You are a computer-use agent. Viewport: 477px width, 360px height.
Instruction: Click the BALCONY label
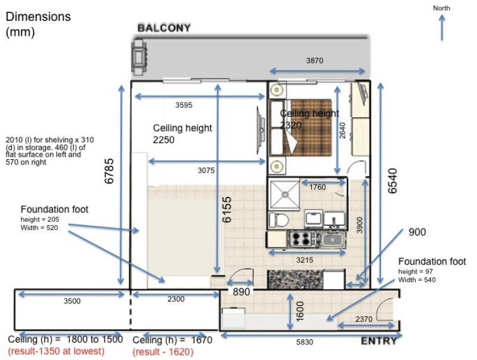pos(164,28)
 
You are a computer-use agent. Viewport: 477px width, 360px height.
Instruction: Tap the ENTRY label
pos(379,341)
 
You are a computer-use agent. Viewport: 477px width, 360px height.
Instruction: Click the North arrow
pos(442,27)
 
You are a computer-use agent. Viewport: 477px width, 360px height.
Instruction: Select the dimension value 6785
pos(109,171)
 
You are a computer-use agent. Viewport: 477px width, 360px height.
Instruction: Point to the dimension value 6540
pos(392,181)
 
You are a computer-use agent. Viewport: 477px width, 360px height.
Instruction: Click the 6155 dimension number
pos(227,209)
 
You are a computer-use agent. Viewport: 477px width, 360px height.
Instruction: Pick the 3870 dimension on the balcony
pos(315,61)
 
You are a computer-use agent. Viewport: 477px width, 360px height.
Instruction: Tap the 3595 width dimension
pos(184,105)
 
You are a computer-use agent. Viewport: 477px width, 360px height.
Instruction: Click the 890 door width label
pos(241,291)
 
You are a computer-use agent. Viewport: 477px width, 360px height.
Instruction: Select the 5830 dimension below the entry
pos(305,342)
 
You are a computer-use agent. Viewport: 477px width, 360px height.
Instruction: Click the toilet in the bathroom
pos(279,219)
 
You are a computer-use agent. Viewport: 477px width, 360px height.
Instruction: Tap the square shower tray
pos(285,194)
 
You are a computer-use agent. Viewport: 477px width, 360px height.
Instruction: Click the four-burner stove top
pos(302,238)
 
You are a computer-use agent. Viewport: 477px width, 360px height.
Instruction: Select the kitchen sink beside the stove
pos(333,239)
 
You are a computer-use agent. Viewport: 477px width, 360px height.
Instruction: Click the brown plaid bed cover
pos(307,128)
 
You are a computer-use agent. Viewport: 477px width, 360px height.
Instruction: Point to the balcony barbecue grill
pos(139,57)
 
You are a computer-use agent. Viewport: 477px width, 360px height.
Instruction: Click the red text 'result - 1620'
pos(163,352)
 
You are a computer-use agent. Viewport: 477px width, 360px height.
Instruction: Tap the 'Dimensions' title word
pos(38,17)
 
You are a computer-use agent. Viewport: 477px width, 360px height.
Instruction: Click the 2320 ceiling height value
pos(291,125)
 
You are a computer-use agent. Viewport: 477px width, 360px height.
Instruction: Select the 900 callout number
pos(417,232)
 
